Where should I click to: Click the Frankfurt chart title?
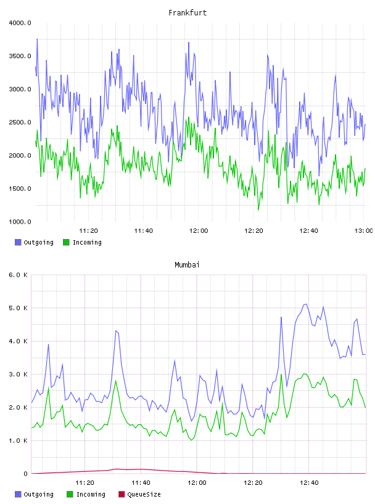pyautogui.click(x=187, y=13)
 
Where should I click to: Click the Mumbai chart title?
pyautogui.click(x=187, y=265)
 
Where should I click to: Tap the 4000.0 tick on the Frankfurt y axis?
pyautogui.click(x=20, y=23)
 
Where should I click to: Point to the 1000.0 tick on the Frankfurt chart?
pyautogui.click(x=20, y=222)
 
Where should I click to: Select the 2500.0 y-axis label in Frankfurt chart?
pyautogui.click(x=20, y=122)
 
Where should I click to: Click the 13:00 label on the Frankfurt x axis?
pyautogui.click(x=363, y=231)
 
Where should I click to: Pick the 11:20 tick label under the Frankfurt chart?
pyautogui.click(x=89, y=231)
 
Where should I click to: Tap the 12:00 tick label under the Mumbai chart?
pyautogui.click(x=197, y=483)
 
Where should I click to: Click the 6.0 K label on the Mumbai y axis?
pyautogui.click(x=18, y=275)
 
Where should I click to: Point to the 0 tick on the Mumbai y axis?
pyautogui.click(x=25, y=474)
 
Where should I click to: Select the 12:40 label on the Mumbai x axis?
pyautogui.click(x=309, y=483)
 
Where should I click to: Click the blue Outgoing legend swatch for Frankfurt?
pyautogui.click(x=18, y=242)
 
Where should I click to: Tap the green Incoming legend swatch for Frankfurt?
pyautogui.click(x=66, y=242)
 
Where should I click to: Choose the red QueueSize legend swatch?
pyautogui.click(x=122, y=494)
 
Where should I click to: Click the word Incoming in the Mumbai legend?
pyautogui.click(x=91, y=494)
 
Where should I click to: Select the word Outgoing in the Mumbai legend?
pyautogui.click(x=38, y=494)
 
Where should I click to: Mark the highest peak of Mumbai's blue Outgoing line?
pyautogui.click(x=306, y=304)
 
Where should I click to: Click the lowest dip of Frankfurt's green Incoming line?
pyautogui.click(x=258, y=211)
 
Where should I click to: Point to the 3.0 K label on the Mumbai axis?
pyautogui.click(x=18, y=374)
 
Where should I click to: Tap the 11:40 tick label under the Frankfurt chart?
pyautogui.click(x=144, y=231)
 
